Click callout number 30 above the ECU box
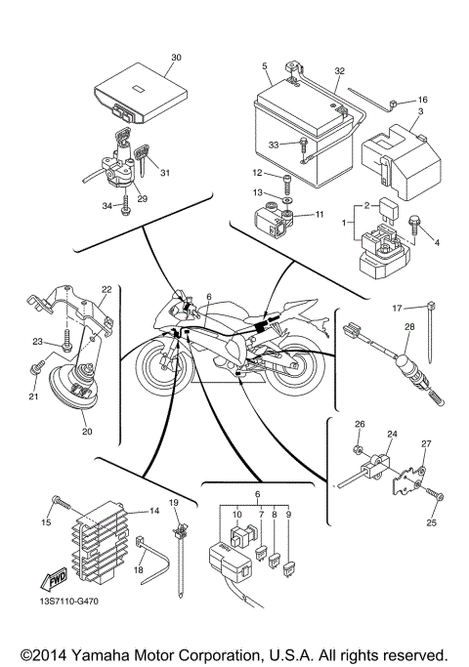(x=176, y=57)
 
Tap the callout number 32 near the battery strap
(x=339, y=71)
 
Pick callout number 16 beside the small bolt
(x=423, y=100)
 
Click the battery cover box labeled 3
(x=390, y=156)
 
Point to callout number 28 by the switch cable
(x=409, y=326)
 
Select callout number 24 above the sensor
(x=392, y=434)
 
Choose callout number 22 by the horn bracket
(x=107, y=289)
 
